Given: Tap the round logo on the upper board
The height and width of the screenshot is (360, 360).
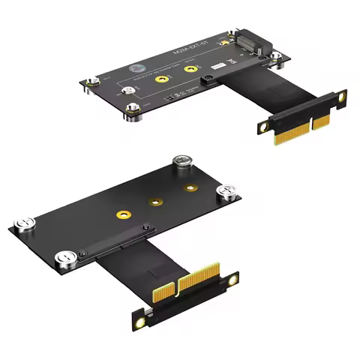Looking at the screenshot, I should point(137,67).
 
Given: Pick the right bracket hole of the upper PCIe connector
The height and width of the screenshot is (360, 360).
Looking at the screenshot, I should point(342,97).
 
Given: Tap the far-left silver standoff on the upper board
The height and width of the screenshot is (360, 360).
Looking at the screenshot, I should point(91,83).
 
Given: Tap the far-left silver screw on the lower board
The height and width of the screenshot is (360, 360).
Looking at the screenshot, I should point(22,223).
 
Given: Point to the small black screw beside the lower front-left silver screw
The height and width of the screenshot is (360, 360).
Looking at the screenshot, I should point(82,255).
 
